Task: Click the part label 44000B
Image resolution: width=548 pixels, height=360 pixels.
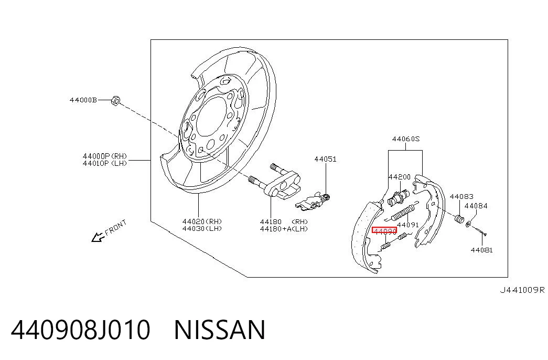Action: click(x=83, y=100)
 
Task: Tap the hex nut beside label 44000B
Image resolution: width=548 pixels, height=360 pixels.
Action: click(x=115, y=100)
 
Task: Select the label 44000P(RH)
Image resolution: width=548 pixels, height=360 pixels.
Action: click(x=105, y=156)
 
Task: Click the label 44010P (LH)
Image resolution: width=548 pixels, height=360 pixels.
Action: click(x=105, y=163)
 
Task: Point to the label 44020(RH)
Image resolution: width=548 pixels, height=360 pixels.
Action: click(x=202, y=221)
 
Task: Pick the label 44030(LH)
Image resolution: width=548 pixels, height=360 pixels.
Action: click(x=202, y=228)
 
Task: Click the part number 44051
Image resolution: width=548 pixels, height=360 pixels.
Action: click(x=325, y=159)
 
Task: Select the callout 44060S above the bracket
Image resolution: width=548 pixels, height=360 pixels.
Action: click(x=406, y=139)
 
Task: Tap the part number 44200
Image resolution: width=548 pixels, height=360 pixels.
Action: click(x=400, y=177)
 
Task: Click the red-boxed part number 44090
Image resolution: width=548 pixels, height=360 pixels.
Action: click(x=384, y=231)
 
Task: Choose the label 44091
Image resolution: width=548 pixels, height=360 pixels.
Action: click(x=408, y=225)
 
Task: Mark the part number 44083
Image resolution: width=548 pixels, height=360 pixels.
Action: click(x=461, y=197)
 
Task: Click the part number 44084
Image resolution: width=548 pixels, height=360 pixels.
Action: click(x=476, y=206)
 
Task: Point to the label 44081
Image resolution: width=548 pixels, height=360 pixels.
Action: click(x=481, y=250)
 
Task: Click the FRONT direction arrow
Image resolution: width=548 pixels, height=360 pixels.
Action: click(x=98, y=237)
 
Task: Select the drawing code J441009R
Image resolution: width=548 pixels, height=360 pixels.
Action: click(x=522, y=290)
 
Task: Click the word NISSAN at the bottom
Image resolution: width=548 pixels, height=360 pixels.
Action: click(x=220, y=330)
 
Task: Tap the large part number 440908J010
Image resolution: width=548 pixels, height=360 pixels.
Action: click(x=81, y=330)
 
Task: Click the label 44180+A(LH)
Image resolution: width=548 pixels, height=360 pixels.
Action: click(x=284, y=229)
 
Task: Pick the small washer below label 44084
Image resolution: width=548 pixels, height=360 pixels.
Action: click(x=469, y=223)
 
